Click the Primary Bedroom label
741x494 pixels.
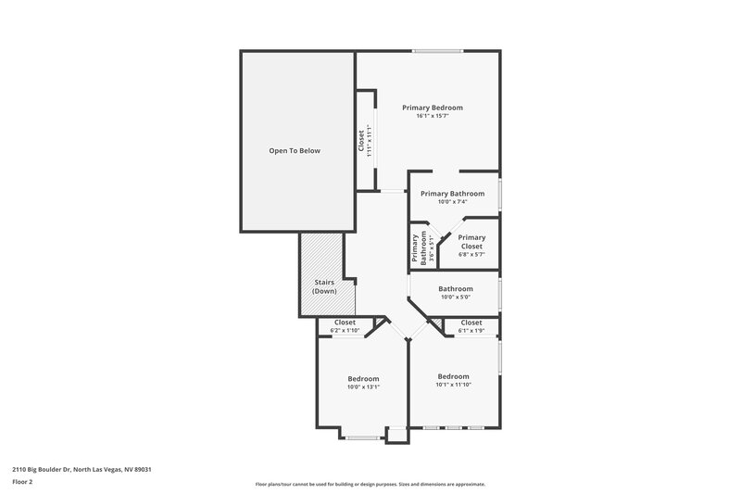pos(432,108)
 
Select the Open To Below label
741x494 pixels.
pos(295,150)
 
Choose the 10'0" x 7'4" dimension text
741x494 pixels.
pos(453,202)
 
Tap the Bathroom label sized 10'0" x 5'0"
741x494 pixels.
pos(456,288)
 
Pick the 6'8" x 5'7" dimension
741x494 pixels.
pos(471,254)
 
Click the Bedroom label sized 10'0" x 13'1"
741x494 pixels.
pos(363,378)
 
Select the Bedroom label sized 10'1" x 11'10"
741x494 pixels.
pos(454,375)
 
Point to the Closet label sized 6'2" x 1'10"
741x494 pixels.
pos(345,323)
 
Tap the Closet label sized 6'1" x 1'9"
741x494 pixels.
pos(471,323)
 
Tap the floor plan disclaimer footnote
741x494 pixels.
pos(370,484)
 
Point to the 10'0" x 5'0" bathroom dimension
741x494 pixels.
pos(456,297)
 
